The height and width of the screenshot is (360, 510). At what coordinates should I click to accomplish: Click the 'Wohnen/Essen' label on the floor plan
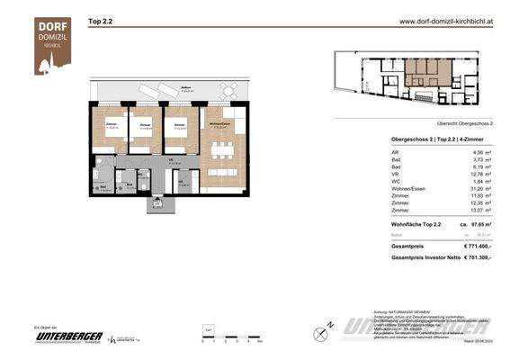coord(219,122)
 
